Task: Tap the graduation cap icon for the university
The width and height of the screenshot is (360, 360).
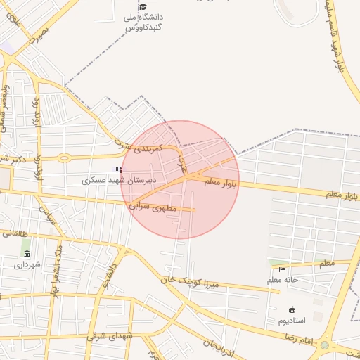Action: click(143, 6)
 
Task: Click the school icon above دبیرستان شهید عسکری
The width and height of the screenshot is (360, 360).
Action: click(119, 169)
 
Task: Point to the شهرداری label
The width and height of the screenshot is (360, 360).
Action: click(27, 264)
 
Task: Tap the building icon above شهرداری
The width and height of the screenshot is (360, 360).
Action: click(27, 254)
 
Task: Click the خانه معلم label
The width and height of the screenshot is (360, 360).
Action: click(283, 280)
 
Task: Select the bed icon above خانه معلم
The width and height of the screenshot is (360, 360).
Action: click(283, 269)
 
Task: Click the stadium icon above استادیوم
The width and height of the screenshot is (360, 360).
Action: click(292, 309)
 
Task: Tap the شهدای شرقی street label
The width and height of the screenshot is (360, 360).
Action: click(110, 335)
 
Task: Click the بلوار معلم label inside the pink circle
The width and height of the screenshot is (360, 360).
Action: click(222, 183)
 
